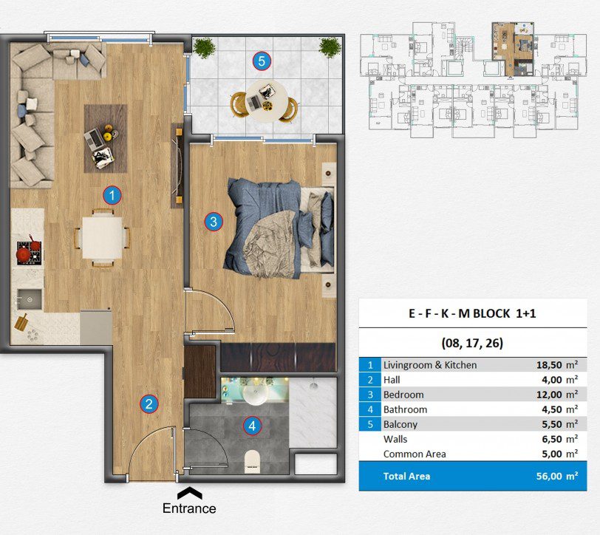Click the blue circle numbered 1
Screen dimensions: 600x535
112,196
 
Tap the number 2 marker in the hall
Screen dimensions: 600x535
149,403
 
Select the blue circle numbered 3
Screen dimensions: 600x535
214,221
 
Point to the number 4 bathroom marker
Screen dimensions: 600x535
252,426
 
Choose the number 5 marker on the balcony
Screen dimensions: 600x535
262,61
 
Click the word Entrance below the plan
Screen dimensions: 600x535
189,508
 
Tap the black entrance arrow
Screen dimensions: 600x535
189,493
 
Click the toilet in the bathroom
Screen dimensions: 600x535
252,460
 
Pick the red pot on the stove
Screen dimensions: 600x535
24,253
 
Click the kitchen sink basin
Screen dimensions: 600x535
30,299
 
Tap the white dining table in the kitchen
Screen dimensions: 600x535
102,238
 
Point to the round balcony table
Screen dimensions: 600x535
266,102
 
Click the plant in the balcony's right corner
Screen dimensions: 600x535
330,47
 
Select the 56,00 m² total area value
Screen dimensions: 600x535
556,476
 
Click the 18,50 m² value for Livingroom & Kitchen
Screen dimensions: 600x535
556,364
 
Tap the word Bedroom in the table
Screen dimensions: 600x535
403,395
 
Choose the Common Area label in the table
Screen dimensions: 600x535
415,454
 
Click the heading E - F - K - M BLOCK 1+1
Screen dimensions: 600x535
472,313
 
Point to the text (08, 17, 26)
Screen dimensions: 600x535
472,343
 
